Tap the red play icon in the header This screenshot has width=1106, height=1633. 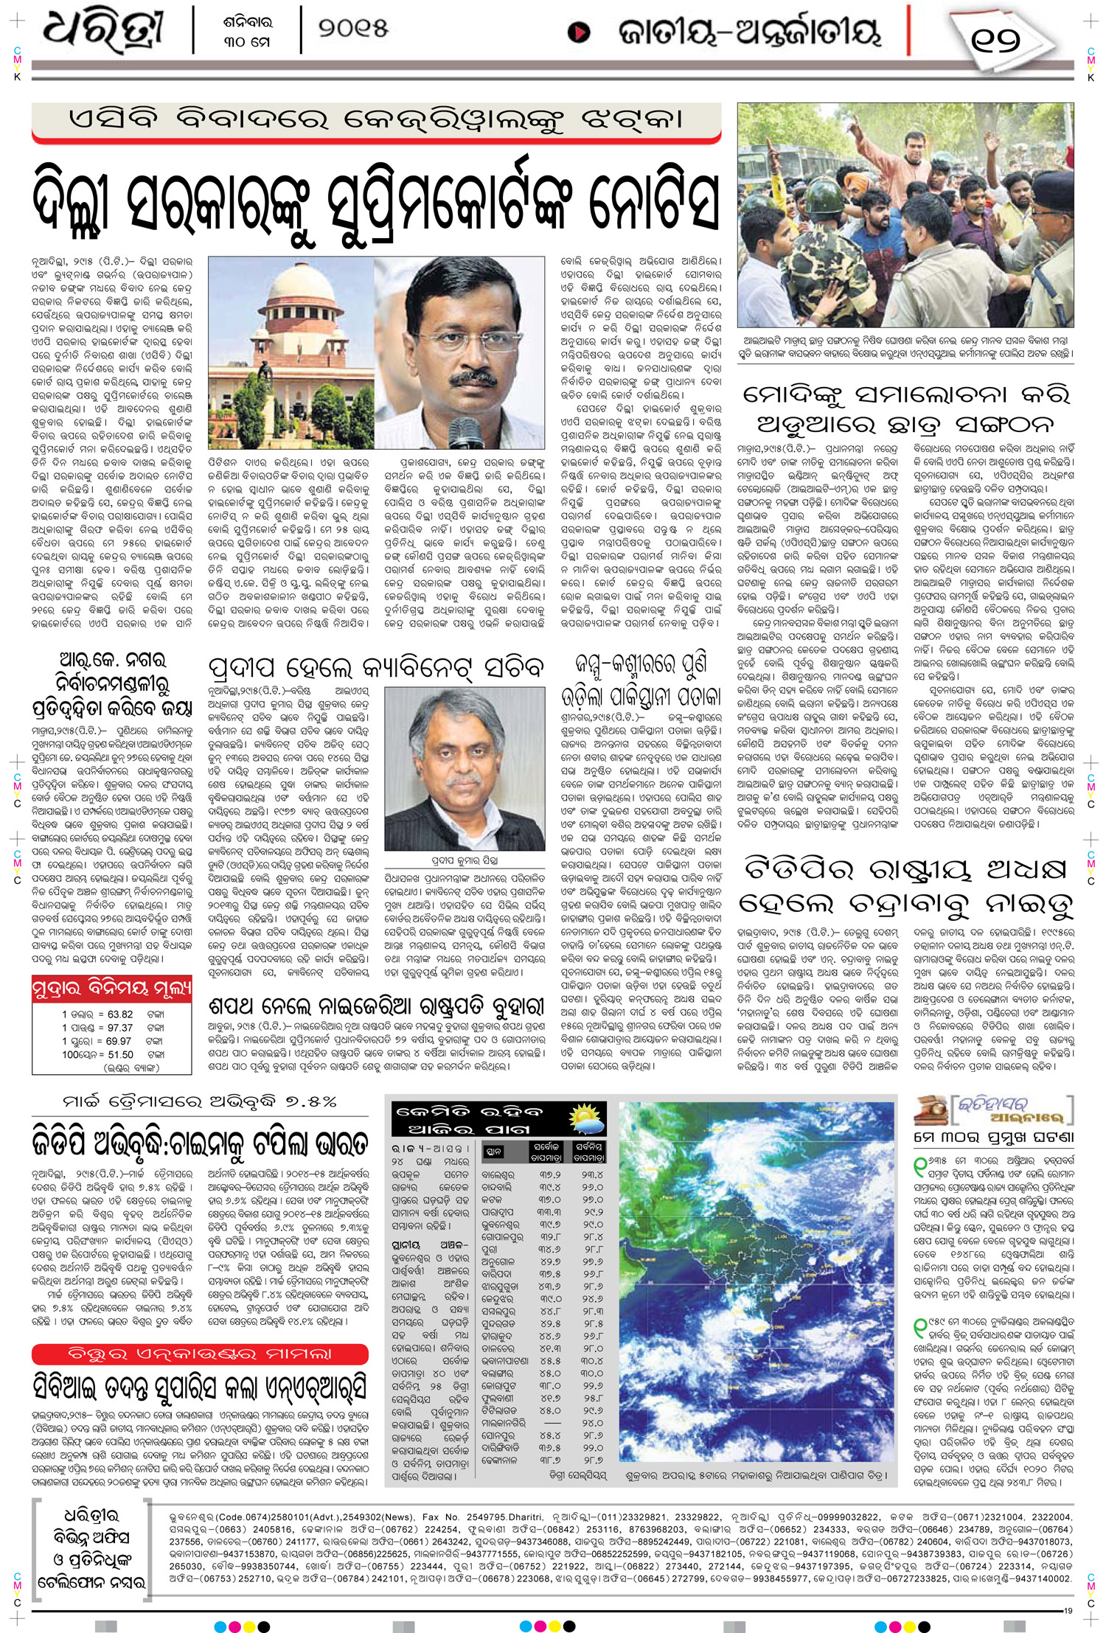(x=579, y=32)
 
